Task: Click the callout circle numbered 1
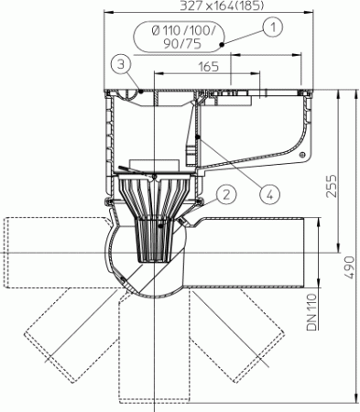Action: [273, 27]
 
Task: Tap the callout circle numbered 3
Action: [121, 65]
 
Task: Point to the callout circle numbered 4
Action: [269, 194]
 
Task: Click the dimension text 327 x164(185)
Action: [222, 5]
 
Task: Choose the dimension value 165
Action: [209, 67]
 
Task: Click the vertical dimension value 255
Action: [332, 186]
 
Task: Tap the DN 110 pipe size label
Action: [311, 312]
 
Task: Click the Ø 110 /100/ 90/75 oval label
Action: [179, 37]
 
